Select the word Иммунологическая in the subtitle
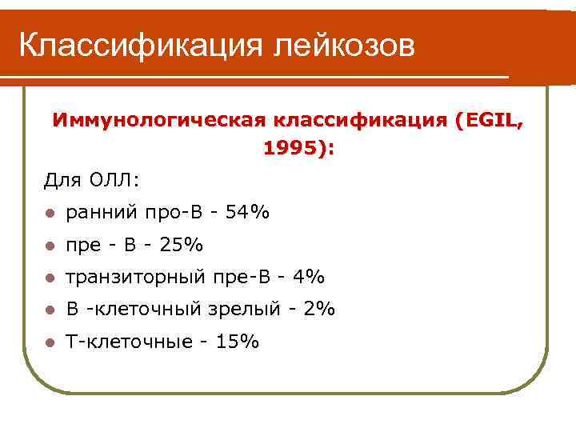(x=158, y=122)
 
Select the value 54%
(x=248, y=213)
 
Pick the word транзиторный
(x=136, y=278)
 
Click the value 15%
(x=238, y=342)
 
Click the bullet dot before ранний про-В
(x=50, y=214)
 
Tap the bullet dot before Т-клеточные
(x=50, y=343)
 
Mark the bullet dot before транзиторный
(x=50, y=278)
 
